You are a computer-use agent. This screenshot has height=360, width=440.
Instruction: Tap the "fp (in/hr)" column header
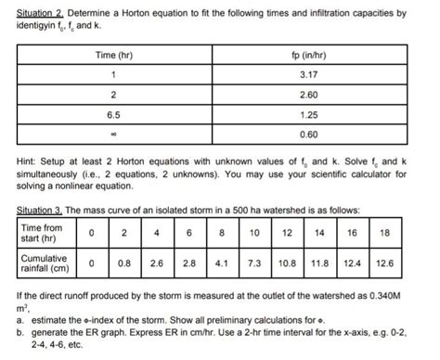pyautogui.click(x=324, y=57)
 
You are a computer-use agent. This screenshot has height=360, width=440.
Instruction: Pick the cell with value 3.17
pyautogui.click(x=324, y=76)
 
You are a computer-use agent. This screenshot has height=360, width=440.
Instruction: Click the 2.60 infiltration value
pyautogui.click(x=324, y=96)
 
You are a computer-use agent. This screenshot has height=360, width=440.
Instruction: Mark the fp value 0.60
pyautogui.click(x=324, y=135)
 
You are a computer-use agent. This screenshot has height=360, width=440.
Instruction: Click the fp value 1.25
pyautogui.click(x=324, y=115)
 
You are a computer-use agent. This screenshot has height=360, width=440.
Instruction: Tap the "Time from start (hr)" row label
pyautogui.click(x=43, y=234)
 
